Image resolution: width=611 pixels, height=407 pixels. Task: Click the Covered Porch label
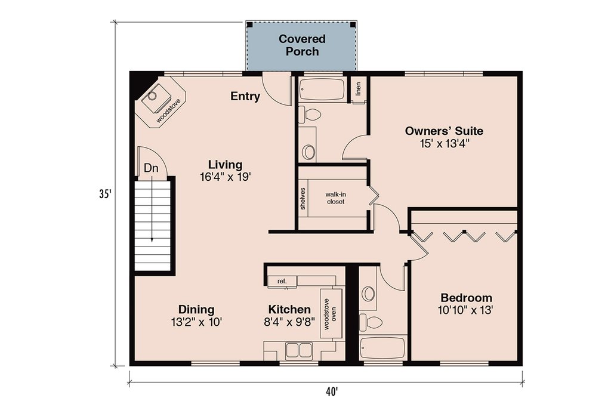(x=302, y=45)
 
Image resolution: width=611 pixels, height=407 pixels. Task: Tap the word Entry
(x=245, y=96)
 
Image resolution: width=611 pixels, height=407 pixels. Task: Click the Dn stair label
(x=151, y=168)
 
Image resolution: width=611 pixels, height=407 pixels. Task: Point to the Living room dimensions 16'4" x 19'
(x=225, y=177)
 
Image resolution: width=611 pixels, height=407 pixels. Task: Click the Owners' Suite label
(x=444, y=131)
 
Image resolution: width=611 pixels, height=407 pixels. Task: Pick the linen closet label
(x=359, y=88)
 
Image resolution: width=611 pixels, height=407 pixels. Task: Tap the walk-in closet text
(x=335, y=198)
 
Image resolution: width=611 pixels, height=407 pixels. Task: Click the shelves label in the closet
(x=303, y=199)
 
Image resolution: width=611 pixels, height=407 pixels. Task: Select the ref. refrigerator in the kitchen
(x=282, y=281)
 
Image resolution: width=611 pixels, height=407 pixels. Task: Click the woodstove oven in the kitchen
(x=331, y=314)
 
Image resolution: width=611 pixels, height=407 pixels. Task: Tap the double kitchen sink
(x=299, y=351)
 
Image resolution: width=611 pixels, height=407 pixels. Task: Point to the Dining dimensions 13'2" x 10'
(x=196, y=322)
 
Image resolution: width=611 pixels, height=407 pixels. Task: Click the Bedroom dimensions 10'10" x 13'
(x=465, y=311)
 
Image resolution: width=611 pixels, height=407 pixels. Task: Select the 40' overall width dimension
(x=332, y=391)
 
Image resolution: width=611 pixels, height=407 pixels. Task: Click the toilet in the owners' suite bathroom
(x=310, y=115)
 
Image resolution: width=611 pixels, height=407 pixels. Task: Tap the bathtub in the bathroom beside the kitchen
(x=382, y=348)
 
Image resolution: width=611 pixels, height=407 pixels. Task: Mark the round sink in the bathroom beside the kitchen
(x=368, y=294)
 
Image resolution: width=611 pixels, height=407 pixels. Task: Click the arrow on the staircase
(x=152, y=211)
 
